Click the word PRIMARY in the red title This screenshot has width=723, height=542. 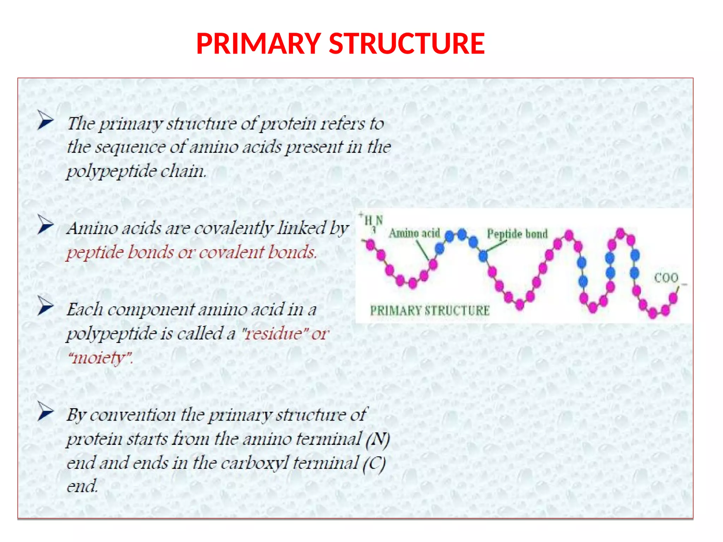tap(258, 44)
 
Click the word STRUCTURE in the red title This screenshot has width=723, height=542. tap(407, 44)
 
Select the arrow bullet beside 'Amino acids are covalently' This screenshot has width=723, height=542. tap(46, 224)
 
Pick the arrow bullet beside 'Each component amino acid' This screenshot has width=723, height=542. tap(46, 306)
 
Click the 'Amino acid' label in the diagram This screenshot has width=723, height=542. tap(414, 233)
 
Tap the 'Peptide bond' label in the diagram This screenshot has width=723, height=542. tap(517, 234)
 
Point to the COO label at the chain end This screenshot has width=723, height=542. tap(666, 278)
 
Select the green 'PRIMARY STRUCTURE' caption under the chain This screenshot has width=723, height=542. tap(430, 311)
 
